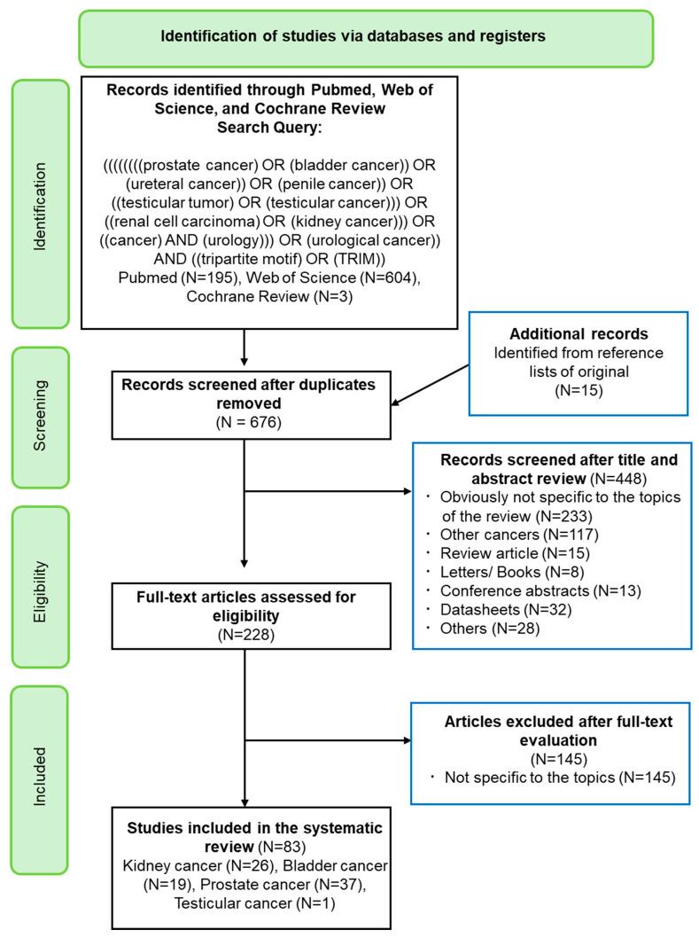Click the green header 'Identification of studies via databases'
pos(366,37)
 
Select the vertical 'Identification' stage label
pos(39,203)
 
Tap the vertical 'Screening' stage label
pos(39,418)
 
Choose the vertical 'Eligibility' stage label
pos(39,585)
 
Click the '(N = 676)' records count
pos(243,422)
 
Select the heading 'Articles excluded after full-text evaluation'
pos(558,731)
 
